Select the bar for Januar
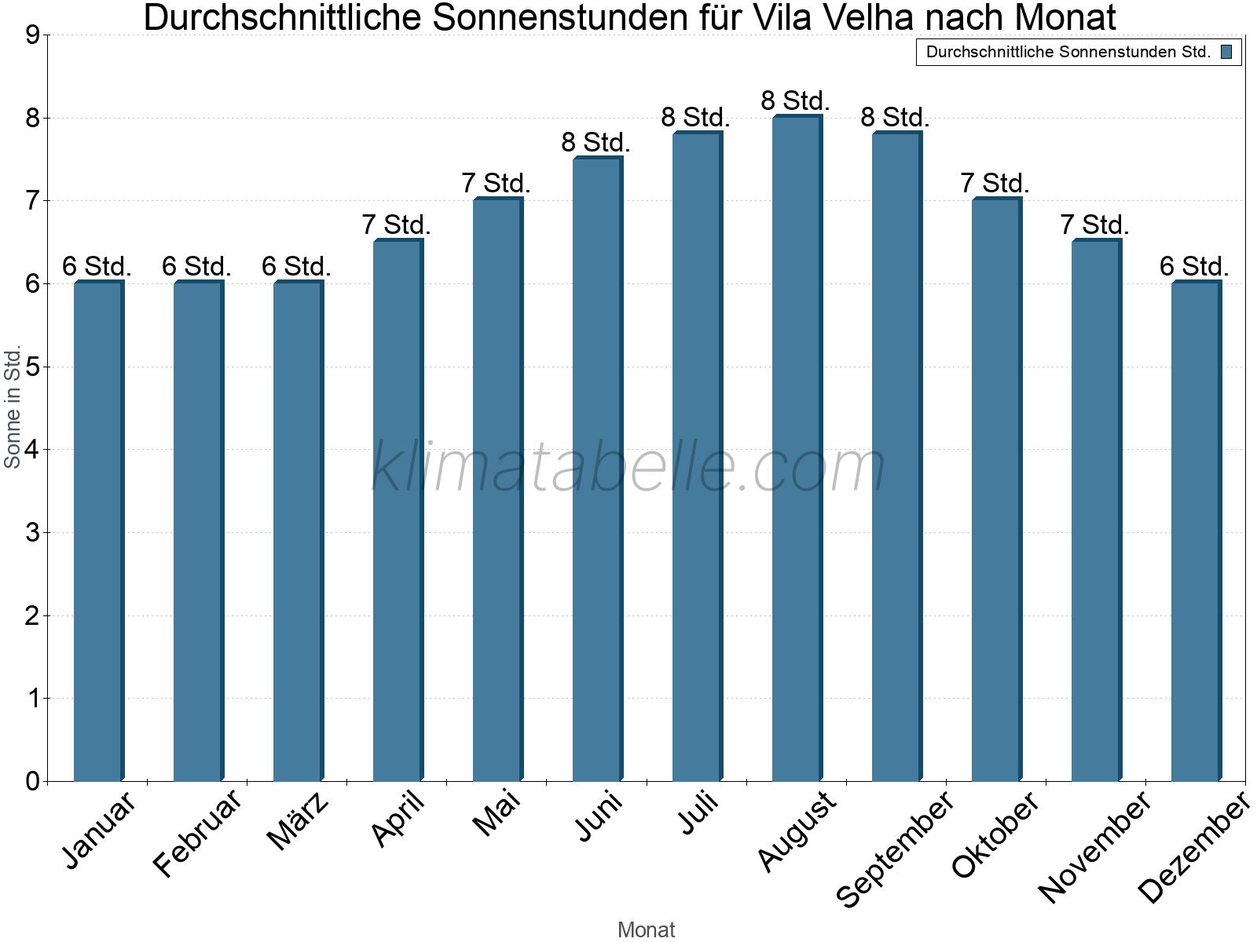[98, 532]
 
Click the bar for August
[797, 449]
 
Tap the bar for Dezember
[1196, 532]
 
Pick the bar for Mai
[497, 491]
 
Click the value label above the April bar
[396, 225]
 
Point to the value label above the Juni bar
[596, 143]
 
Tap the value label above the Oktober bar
[995, 184]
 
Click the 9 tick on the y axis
[32, 35]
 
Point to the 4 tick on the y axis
[32, 450]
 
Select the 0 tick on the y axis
[32, 781]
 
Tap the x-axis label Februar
[197, 834]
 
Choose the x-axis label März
[298, 821]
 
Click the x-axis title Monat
[646, 929]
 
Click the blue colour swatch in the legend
[1226, 53]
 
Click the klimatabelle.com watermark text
[628, 467]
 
